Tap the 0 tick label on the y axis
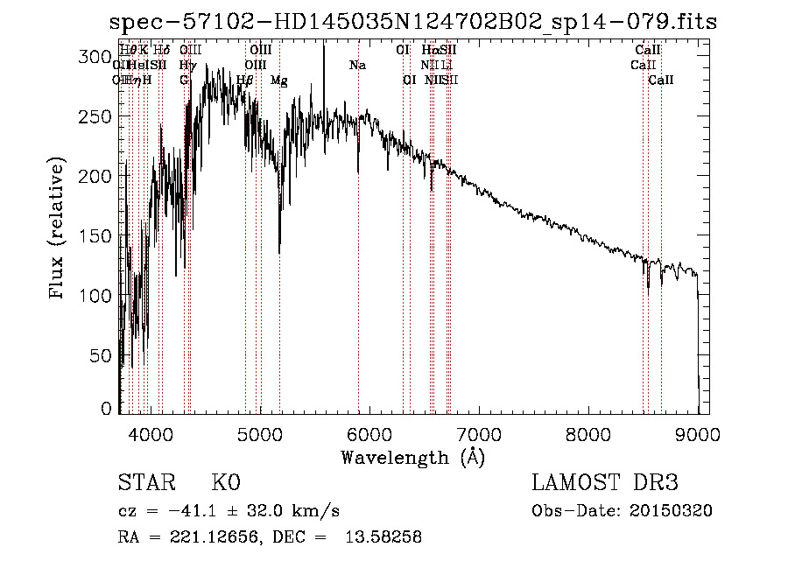pyautogui.click(x=107, y=408)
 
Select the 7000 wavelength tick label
pyautogui.click(x=479, y=432)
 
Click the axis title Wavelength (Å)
pyautogui.click(x=412, y=457)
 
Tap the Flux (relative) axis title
pyautogui.click(x=58, y=229)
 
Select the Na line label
pyautogui.click(x=357, y=66)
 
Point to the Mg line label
pyautogui.click(x=278, y=81)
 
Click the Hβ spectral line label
pyautogui.click(x=245, y=81)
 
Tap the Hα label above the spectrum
pyautogui.click(x=430, y=51)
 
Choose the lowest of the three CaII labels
pyautogui.click(x=661, y=81)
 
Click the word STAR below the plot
pyautogui.click(x=145, y=482)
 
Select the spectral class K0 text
pyautogui.click(x=225, y=482)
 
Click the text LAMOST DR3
pyautogui.click(x=605, y=482)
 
